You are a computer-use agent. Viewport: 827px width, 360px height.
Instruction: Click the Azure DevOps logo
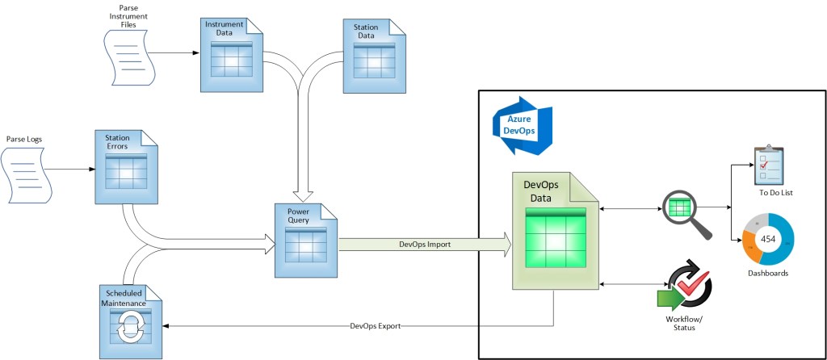(x=522, y=123)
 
